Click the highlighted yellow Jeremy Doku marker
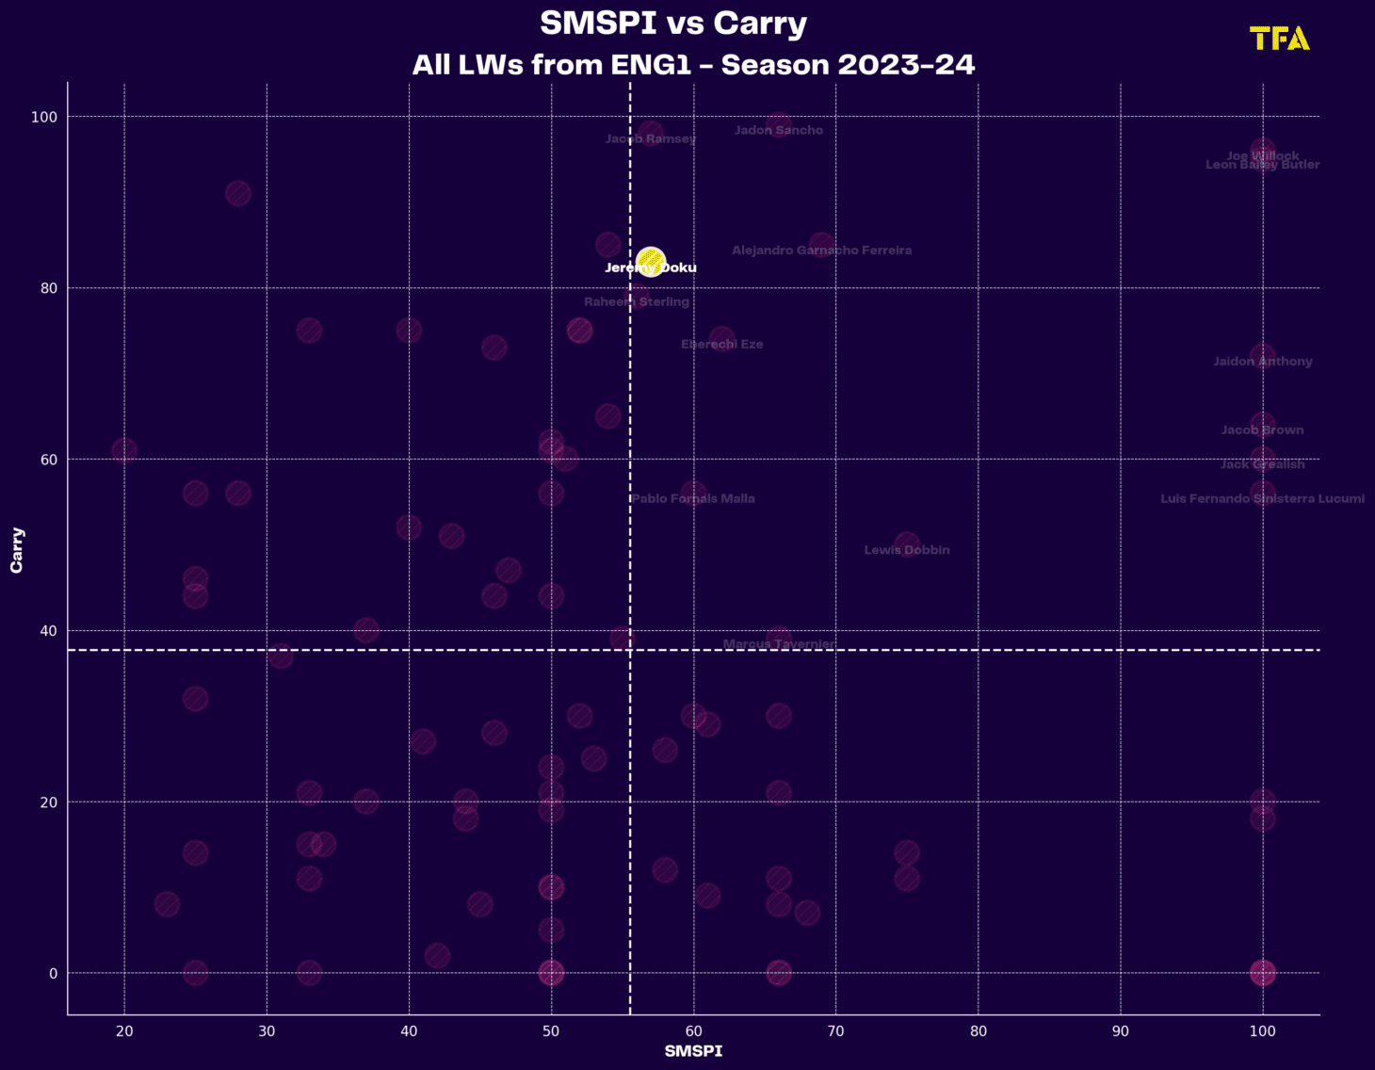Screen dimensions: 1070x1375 pos(650,261)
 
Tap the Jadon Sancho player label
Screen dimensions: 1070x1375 pos(778,131)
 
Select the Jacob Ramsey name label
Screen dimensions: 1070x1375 pos(651,139)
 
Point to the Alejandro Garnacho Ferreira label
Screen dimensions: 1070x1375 pos(821,251)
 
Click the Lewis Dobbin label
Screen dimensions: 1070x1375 pos(907,550)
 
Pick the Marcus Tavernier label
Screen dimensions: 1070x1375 pos(779,644)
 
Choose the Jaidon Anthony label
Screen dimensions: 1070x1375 pos(1262,362)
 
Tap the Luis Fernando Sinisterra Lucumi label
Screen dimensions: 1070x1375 pos(1262,498)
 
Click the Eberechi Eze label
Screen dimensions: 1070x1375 pos(722,345)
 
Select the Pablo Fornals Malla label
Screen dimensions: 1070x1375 pos(693,499)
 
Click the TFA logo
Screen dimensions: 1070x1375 pos(1279,39)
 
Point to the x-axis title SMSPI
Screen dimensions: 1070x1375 pos(693,1051)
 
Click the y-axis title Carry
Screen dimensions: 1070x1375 pos(17,549)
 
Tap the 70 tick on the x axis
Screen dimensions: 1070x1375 pos(835,1031)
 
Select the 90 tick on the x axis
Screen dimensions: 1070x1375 pos(1121,1031)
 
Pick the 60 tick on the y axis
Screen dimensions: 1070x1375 pos(46,460)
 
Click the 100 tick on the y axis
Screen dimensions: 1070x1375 pos(43,117)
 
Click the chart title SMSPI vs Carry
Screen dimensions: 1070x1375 pos(672,24)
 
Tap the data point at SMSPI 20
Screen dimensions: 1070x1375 pos(124,450)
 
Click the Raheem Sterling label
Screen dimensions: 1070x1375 pos(637,302)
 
